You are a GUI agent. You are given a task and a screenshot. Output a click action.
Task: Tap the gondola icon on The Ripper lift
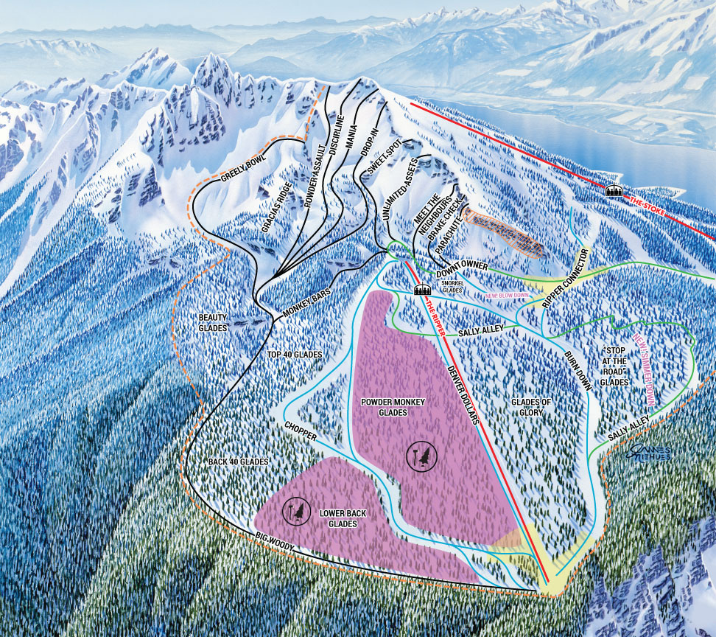tap(422, 290)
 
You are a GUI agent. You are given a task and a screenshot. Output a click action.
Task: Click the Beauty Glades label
tap(213, 322)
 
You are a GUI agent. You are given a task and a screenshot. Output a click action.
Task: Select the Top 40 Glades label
tap(295, 355)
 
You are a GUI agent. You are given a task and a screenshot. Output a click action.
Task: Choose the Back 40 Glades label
tap(238, 461)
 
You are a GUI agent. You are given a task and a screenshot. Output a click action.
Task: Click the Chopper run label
tap(301, 431)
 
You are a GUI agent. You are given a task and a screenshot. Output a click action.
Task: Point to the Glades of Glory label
tap(531, 407)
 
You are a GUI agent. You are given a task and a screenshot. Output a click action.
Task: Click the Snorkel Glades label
tap(451, 287)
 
